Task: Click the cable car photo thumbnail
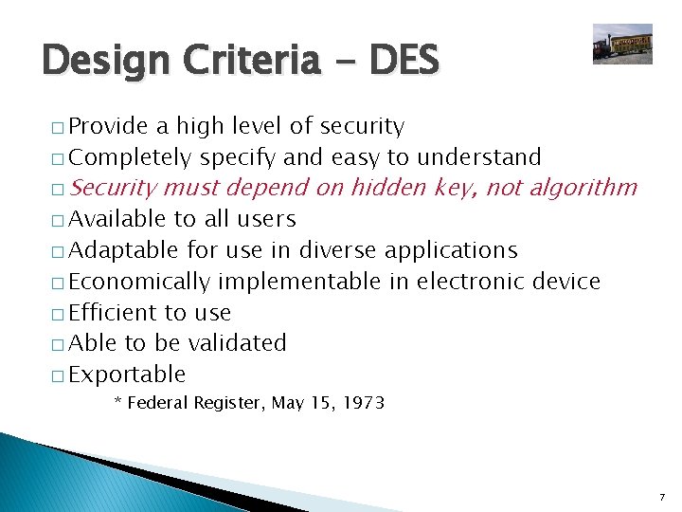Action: tap(622, 44)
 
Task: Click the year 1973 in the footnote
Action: tap(364, 403)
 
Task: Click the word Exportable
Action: tap(127, 375)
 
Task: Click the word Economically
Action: tap(139, 282)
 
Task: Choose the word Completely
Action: tap(131, 157)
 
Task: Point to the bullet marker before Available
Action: tap(59, 220)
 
